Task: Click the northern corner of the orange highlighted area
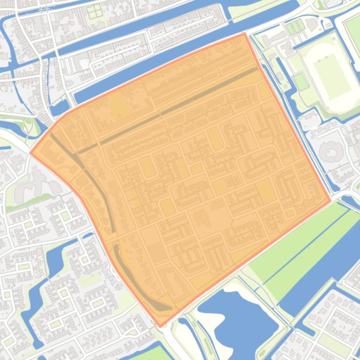(x=244, y=34)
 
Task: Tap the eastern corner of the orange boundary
(x=331, y=202)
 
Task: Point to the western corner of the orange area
(x=31, y=152)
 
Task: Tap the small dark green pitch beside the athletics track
(x=301, y=81)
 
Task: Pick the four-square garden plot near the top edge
(x=95, y=11)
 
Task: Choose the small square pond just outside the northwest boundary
(x=59, y=108)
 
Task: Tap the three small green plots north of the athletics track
(x=293, y=28)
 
